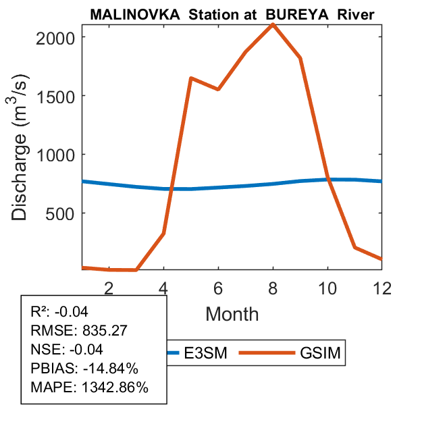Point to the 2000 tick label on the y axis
point(57,37)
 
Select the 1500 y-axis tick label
point(57,96)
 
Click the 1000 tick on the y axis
point(57,155)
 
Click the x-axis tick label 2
point(109,287)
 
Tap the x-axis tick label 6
point(218,287)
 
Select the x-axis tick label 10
point(327,287)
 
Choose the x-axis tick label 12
point(382,287)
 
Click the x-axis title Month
point(232,313)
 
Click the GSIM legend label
point(322,353)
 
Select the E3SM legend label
point(207,353)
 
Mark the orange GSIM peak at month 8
point(273,24)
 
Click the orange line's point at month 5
point(191,78)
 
